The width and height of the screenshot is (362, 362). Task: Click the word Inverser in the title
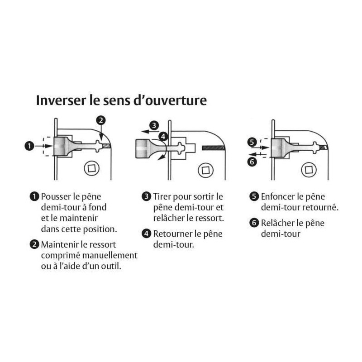tap(61, 100)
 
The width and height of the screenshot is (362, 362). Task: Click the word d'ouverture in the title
tap(170, 100)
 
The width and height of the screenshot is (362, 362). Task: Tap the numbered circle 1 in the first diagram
tap(29, 146)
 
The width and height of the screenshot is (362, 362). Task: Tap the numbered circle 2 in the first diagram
tap(101, 120)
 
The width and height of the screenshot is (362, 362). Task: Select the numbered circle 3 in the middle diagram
tap(154, 126)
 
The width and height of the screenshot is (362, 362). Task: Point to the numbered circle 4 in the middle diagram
tap(163, 137)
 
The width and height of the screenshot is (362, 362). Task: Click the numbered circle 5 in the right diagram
tap(252, 142)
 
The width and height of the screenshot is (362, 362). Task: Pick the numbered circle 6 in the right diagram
tap(252, 162)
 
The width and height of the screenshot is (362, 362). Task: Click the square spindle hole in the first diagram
tap(92, 168)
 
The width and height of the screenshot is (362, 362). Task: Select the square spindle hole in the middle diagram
tap(205, 171)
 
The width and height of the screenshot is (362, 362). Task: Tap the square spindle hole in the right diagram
tap(309, 170)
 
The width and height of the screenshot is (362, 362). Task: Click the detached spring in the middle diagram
tap(213, 148)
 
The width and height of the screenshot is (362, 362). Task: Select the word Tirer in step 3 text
tap(162, 197)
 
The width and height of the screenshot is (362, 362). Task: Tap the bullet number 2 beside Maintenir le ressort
tap(34, 244)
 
